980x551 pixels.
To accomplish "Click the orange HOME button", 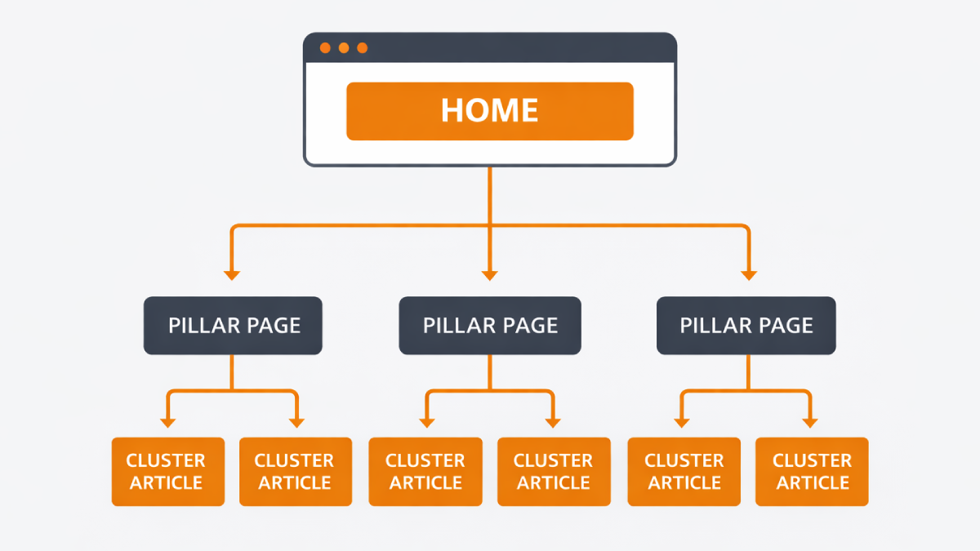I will click(490, 111).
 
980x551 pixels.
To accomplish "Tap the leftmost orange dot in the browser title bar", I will click(325, 48).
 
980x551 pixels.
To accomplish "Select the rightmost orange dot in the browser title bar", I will click(363, 48).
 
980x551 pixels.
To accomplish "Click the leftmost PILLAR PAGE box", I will click(234, 326).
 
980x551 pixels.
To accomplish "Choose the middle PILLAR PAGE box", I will click(490, 326).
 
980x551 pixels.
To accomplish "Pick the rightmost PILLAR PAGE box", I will click(746, 326).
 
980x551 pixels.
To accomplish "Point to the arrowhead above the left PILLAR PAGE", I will click(232, 274).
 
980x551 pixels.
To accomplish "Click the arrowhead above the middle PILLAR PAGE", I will click(490, 274).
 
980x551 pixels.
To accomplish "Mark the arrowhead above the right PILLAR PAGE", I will click(749, 274).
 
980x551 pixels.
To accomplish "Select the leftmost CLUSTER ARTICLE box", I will click(167, 472).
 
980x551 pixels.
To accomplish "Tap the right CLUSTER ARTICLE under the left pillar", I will click(296, 472).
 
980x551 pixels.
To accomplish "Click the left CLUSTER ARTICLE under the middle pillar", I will click(425, 472).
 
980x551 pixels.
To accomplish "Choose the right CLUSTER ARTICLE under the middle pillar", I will click(554, 472).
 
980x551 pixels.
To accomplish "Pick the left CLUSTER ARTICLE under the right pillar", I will click(684, 472).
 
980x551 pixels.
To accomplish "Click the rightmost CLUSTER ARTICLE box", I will click(812, 472).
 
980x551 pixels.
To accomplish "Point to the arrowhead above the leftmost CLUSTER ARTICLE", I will click(167, 422).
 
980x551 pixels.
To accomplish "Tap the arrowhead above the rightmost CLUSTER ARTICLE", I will click(810, 422).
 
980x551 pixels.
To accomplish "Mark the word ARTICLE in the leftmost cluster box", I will click(167, 482).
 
